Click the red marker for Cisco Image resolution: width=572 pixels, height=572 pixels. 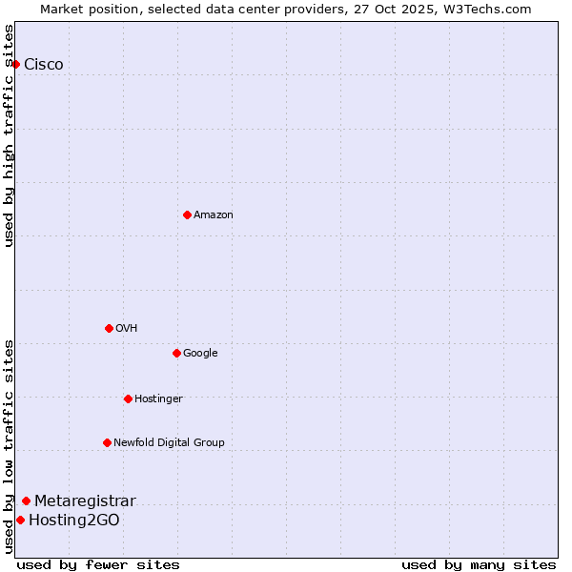coord(16,64)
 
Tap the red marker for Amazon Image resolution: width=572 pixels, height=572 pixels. coord(187,214)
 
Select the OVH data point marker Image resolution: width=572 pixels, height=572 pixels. coord(109,328)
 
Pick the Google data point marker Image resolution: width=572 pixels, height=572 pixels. coord(176,353)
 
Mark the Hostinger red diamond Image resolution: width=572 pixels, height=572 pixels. coord(128,398)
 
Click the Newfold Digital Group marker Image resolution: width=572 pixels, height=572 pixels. coord(107,442)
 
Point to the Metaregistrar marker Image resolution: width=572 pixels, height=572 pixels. coord(26,500)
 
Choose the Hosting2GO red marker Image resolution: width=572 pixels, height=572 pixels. coord(20,520)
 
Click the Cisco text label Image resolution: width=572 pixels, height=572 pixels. coord(44,65)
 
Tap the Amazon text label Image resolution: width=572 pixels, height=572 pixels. coord(214,215)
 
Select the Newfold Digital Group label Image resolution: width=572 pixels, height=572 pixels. coord(169,442)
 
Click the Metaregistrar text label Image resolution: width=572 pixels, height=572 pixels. coord(85,501)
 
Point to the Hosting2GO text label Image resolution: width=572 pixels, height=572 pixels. coord(74,521)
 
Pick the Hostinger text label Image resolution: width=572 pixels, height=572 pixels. coord(158,398)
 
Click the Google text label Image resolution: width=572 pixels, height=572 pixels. coord(200,354)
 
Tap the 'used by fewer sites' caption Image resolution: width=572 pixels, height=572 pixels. coord(98,564)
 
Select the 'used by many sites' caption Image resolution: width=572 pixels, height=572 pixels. coord(479,564)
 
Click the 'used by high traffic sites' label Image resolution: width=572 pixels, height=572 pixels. coord(10,135)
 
